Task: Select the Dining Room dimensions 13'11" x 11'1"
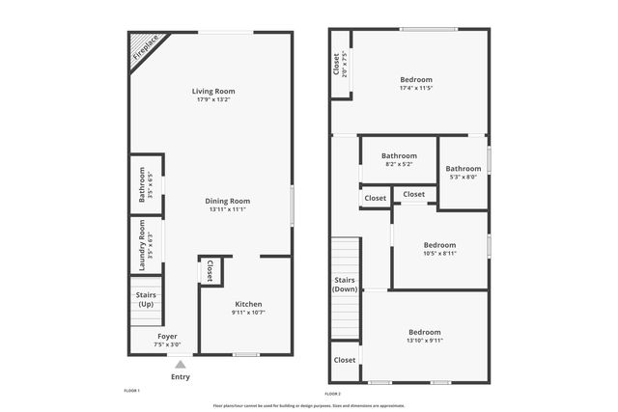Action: point(227,209)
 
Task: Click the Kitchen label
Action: point(248,304)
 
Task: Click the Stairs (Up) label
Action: point(146,299)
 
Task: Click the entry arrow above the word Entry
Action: point(181,364)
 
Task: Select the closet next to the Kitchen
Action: point(211,270)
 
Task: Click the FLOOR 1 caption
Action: point(132,391)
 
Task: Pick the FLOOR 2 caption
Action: point(333,394)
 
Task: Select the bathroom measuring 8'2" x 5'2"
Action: point(398,160)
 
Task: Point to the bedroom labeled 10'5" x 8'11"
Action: point(439,249)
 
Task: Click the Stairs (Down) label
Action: point(345,284)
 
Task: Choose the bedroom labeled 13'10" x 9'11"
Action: point(423,336)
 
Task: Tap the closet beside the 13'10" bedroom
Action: point(345,359)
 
